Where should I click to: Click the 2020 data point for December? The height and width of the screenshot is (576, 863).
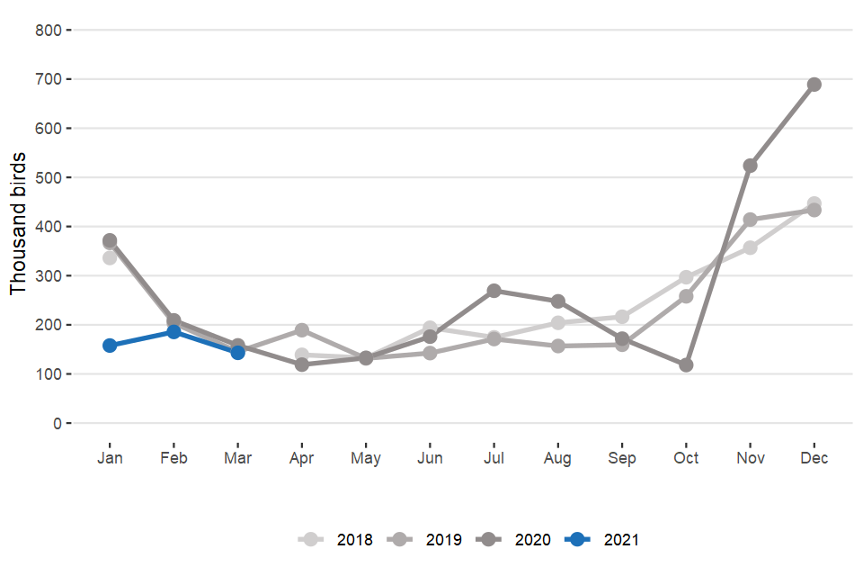click(x=814, y=85)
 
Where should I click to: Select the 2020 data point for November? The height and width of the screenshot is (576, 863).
click(x=750, y=166)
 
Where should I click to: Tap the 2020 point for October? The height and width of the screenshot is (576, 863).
click(x=686, y=365)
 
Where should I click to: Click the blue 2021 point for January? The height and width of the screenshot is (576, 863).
click(x=110, y=346)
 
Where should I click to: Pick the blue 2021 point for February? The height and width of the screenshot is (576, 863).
click(x=173, y=332)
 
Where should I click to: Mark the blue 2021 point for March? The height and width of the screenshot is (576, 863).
click(x=237, y=353)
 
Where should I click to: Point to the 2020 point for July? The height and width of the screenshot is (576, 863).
click(x=494, y=291)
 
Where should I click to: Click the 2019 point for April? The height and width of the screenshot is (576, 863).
click(x=302, y=330)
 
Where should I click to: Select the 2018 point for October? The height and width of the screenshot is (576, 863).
click(x=686, y=277)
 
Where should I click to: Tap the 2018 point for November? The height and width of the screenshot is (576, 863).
click(x=750, y=247)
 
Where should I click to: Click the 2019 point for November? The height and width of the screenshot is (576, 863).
click(x=750, y=220)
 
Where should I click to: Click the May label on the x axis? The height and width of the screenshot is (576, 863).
click(x=366, y=458)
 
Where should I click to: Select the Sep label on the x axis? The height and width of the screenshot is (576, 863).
click(x=621, y=458)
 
